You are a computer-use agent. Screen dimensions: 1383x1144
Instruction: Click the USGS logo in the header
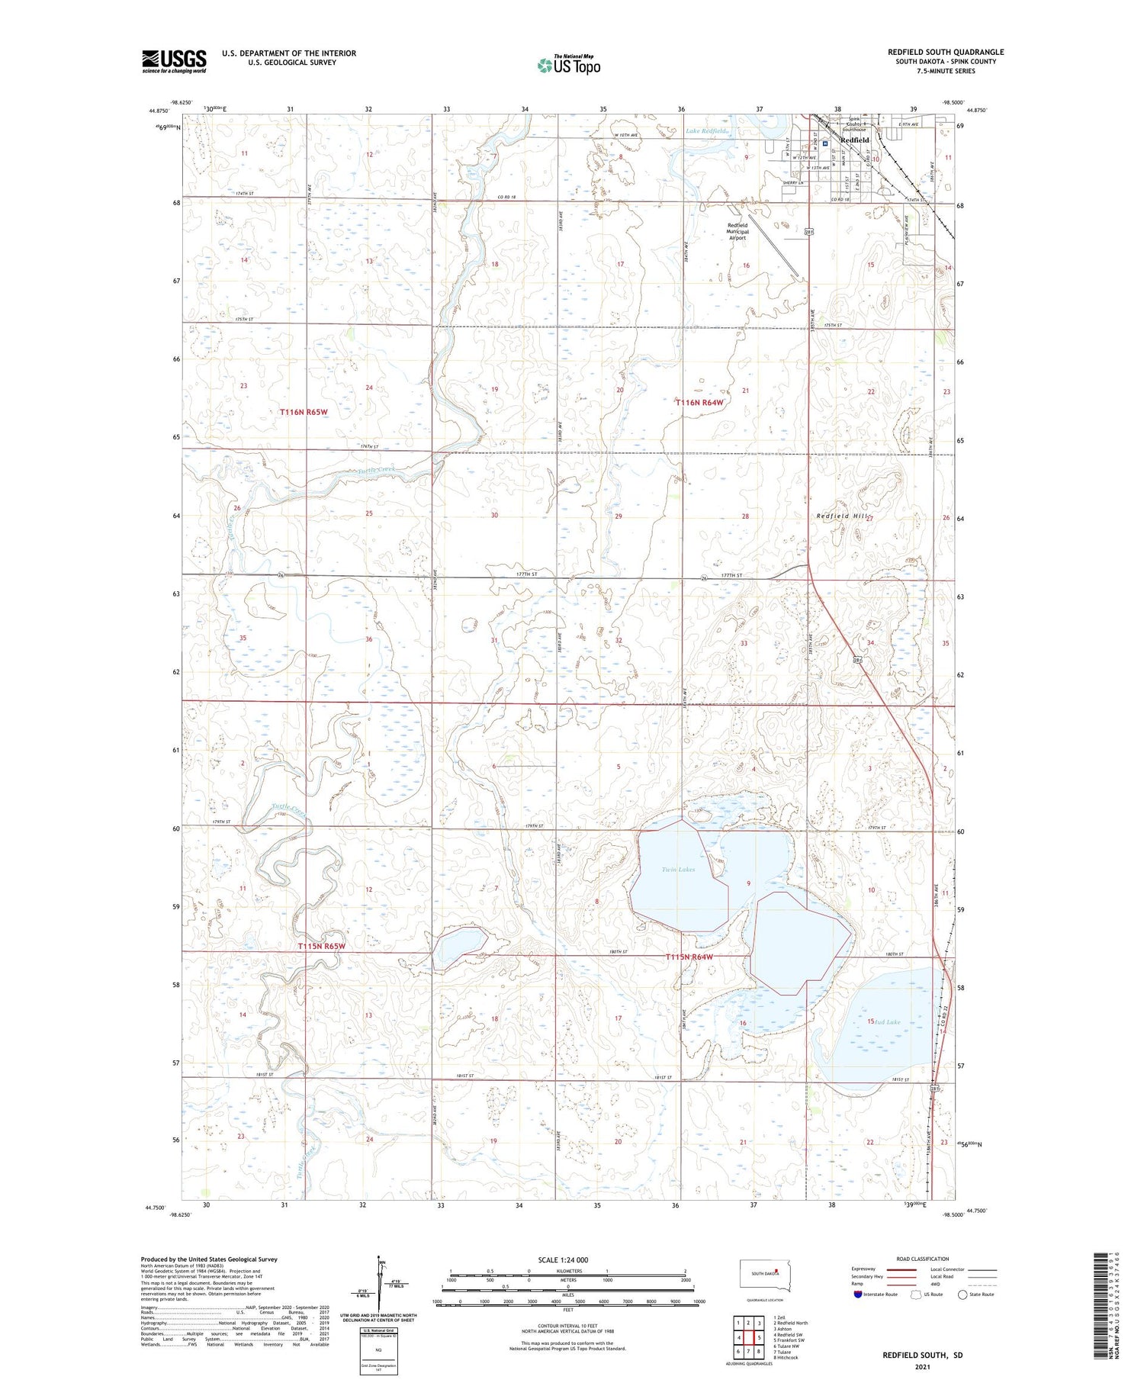tap(174, 61)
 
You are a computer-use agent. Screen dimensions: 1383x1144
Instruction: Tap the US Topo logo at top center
tap(568, 65)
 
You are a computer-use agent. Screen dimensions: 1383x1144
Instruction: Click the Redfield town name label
tap(854, 140)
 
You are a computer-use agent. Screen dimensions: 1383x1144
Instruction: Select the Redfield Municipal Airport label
tap(737, 231)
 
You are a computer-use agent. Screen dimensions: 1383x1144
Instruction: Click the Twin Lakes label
tap(678, 870)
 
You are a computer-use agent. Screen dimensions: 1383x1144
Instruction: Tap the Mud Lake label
tap(887, 1021)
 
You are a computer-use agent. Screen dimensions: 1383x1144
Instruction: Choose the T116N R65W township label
tap(303, 412)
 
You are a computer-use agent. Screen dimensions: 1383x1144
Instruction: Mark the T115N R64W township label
tap(689, 957)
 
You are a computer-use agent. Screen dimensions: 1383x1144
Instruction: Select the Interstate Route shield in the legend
tap(858, 1295)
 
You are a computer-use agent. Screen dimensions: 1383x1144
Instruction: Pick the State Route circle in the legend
tap(962, 1295)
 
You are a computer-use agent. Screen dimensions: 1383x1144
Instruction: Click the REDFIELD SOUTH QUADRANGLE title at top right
tap(945, 52)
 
